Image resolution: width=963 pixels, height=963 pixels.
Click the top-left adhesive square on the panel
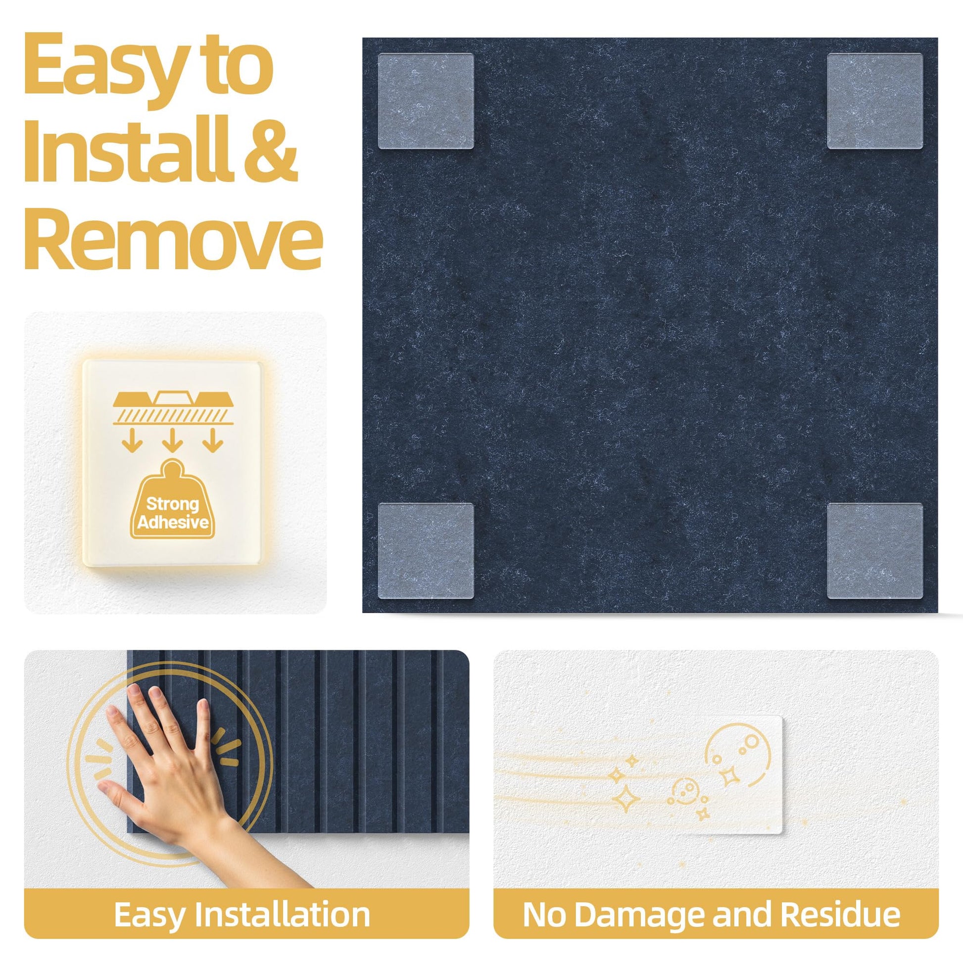tap(425, 100)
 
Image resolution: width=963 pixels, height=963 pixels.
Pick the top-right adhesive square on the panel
tap(875, 100)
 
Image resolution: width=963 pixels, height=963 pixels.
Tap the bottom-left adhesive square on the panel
tap(425, 551)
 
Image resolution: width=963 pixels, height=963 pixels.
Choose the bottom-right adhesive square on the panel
tap(875, 551)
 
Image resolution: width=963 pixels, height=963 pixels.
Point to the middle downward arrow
tap(173, 440)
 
